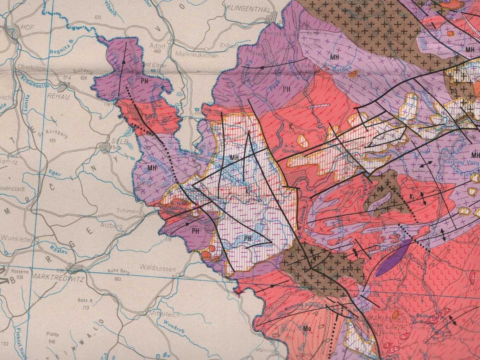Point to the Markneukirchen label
197,55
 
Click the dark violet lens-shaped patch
392,258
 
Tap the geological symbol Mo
306,328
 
